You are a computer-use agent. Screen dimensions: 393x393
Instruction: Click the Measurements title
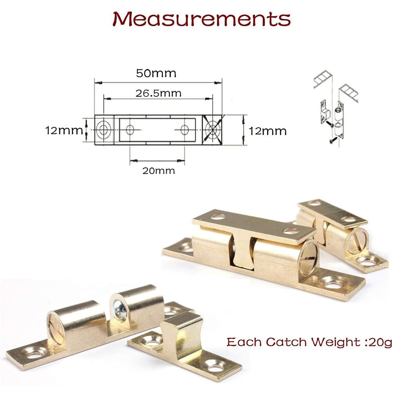click(202, 19)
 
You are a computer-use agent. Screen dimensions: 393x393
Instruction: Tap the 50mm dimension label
click(156, 73)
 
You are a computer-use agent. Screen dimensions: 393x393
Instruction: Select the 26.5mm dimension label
click(158, 93)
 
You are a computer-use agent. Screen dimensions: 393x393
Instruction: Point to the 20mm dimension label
click(159, 171)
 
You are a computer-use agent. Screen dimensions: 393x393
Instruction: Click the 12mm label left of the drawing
click(64, 130)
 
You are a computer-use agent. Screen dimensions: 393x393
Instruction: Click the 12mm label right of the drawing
click(267, 131)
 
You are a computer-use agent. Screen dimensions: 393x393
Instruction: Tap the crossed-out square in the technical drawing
click(212, 130)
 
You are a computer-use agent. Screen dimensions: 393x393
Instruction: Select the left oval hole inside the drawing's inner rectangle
click(130, 130)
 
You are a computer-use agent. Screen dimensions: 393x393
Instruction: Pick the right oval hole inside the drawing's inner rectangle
click(185, 130)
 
